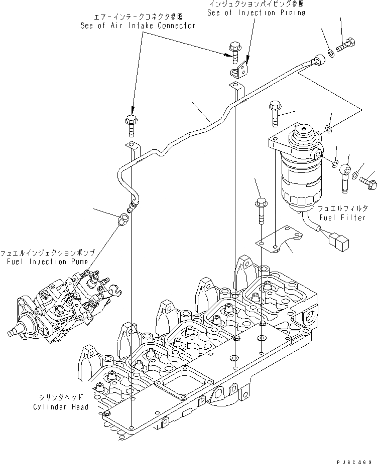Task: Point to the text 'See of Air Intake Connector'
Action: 138,26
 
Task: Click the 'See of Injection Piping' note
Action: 256,13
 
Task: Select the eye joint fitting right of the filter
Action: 345,173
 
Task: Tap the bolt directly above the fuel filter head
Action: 275,113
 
